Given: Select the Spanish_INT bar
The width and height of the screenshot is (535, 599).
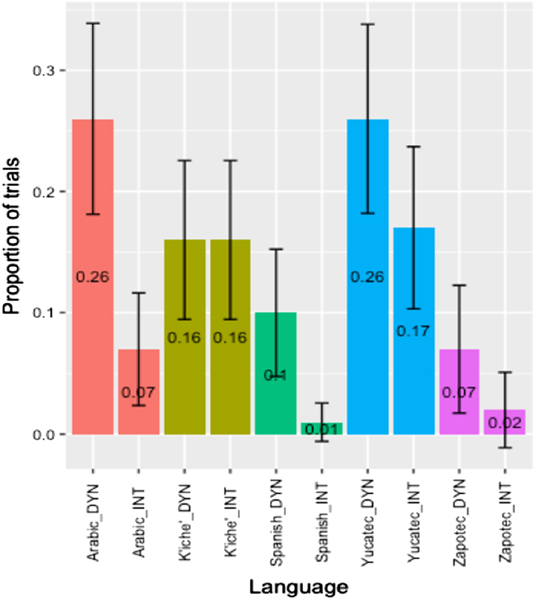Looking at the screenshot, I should (x=322, y=428).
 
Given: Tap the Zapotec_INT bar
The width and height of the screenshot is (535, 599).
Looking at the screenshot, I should (x=505, y=422).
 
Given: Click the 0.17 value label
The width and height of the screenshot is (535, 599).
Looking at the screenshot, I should (x=414, y=330).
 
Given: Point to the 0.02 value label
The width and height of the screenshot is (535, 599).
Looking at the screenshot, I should (x=505, y=423).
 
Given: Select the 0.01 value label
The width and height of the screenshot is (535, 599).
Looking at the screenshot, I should (x=322, y=430).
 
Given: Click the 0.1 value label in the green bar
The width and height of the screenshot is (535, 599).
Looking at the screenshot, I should (x=276, y=375).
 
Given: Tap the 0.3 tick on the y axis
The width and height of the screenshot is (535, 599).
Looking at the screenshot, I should (x=41, y=71).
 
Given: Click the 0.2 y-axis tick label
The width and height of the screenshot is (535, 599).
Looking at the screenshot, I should (x=41, y=192).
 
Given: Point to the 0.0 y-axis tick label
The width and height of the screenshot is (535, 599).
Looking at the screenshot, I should (x=41, y=434).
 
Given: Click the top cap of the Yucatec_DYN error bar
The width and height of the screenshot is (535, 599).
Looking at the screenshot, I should (x=368, y=24).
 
